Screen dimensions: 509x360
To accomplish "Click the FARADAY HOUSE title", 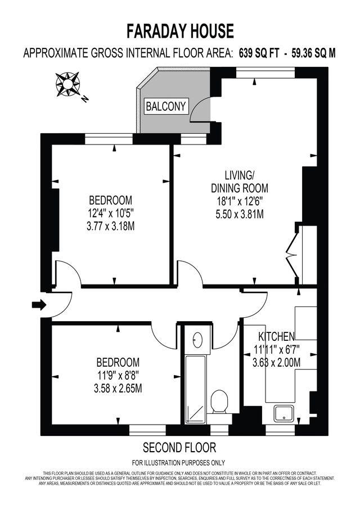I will [x=179, y=30].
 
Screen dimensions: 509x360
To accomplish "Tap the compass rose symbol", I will [x=67, y=83].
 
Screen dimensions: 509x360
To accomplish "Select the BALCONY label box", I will [x=166, y=106].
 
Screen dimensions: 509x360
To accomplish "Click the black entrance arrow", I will [x=39, y=305].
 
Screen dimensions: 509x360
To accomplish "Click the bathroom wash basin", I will [x=197, y=340].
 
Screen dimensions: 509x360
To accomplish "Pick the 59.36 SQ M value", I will [x=313, y=53].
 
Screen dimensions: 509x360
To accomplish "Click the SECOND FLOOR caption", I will [x=179, y=448].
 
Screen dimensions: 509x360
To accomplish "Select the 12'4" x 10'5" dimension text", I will [x=111, y=213].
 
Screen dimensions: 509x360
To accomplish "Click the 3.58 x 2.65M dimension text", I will [x=118, y=388].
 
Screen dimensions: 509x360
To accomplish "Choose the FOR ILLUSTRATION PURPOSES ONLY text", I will [x=179, y=463].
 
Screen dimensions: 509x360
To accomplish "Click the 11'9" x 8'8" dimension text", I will [x=118, y=375].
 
